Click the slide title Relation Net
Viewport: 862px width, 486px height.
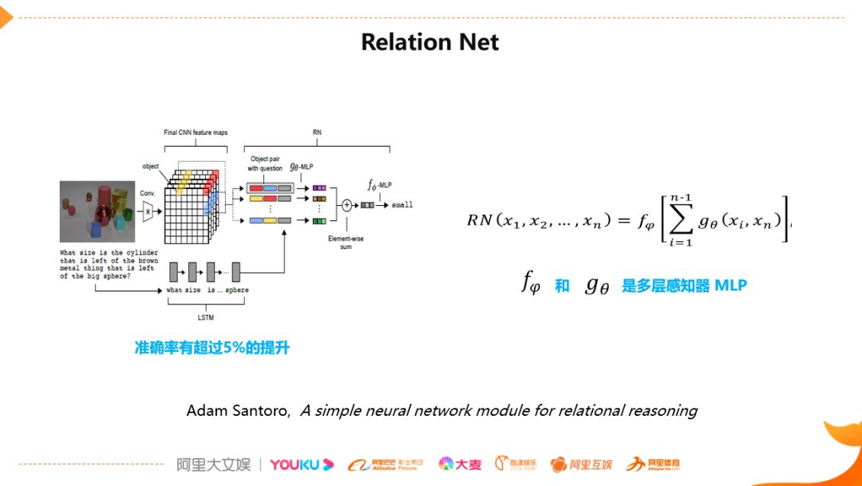click(x=430, y=41)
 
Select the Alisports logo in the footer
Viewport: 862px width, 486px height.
click(x=653, y=464)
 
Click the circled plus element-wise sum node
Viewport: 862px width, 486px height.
click(x=347, y=204)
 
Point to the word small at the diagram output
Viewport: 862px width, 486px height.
click(x=403, y=205)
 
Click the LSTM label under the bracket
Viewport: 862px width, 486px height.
click(x=206, y=318)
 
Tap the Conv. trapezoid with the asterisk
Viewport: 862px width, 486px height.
click(x=147, y=210)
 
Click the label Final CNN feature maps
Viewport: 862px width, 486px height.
click(x=196, y=132)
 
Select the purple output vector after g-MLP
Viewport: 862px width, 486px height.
click(x=318, y=188)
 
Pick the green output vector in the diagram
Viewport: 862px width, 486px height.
click(x=318, y=220)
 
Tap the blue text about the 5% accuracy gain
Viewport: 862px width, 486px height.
click(x=212, y=348)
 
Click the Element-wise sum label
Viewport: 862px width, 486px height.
click(x=347, y=242)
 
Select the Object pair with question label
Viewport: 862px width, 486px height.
click(x=264, y=164)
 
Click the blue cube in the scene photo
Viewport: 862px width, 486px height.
click(x=93, y=230)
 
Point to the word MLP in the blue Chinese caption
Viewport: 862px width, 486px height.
click(x=730, y=285)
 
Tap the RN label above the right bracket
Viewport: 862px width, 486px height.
click(x=317, y=132)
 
